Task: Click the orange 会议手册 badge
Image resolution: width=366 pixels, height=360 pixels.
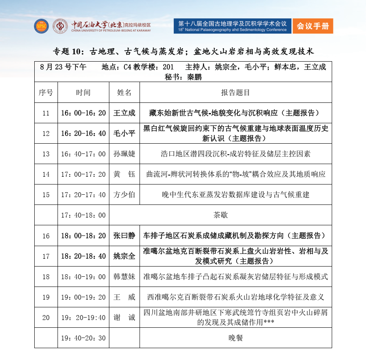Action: (x=313, y=26)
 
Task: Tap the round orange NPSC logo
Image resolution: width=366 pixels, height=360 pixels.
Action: (x=41, y=26)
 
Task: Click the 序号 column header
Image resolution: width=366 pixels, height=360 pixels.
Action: (x=46, y=93)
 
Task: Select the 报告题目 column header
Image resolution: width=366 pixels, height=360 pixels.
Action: (x=235, y=93)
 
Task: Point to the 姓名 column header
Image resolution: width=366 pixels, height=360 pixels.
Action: (x=124, y=93)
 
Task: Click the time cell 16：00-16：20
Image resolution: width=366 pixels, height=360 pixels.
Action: (x=83, y=113)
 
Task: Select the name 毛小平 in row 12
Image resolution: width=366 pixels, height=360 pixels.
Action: (x=124, y=133)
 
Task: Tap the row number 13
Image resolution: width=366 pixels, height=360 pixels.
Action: (x=46, y=154)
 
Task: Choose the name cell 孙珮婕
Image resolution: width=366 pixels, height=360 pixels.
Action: (x=124, y=154)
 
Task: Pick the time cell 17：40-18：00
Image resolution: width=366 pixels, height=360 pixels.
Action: (x=83, y=215)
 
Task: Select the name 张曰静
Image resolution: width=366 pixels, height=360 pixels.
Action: (x=124, y=236)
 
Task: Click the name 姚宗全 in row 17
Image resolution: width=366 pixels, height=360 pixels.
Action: (x=124, y=256)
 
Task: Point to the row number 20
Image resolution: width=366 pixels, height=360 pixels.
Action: (x=46, y=318)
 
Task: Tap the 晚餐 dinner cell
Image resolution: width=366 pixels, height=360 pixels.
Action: (x=235, y=338)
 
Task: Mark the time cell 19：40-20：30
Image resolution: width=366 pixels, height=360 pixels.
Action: (x=83, y=338)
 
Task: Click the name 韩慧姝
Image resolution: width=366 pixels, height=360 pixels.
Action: (x=124, y=277)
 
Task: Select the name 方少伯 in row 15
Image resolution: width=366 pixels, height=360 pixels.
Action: (x=124, y=195)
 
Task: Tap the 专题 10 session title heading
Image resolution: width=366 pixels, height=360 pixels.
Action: (x=183, y=52)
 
